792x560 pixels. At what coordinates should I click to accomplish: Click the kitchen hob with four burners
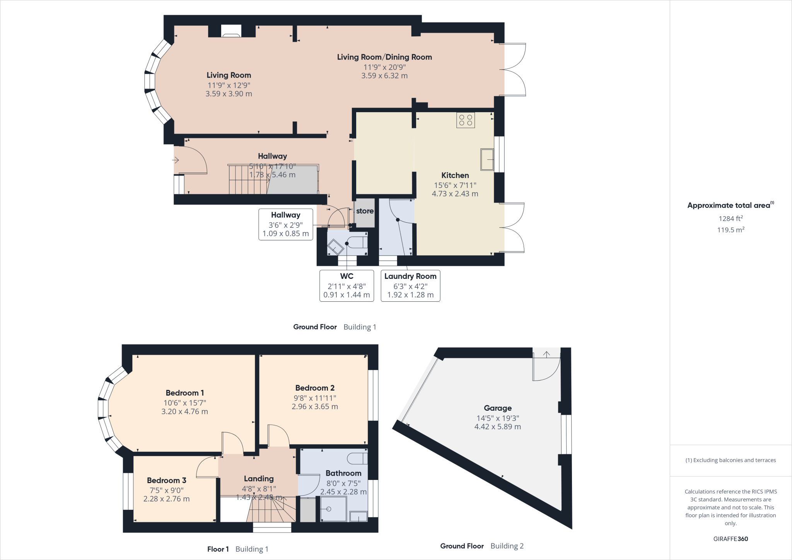pos(465,120)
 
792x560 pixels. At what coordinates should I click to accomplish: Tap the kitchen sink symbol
pos(487,159)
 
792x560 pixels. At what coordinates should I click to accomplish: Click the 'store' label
pos(365,211)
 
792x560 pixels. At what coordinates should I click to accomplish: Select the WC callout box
pos(346,285)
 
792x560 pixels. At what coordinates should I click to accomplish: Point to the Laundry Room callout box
pos(410,285)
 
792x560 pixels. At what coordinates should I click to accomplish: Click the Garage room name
pos(497,408)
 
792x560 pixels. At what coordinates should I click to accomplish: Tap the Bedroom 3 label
pos(166,480)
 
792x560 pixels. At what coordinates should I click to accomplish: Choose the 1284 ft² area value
pos(731,219)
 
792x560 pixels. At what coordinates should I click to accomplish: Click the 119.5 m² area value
pos(731,230)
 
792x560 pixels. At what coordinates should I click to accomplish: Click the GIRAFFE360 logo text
pos(731,539)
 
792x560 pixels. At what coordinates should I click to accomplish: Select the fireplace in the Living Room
pos(231,31)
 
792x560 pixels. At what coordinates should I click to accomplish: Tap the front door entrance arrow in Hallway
pos(176,160)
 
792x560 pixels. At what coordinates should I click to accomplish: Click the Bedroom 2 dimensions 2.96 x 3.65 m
pos(315,406)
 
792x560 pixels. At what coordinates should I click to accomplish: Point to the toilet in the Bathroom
pos(357,458)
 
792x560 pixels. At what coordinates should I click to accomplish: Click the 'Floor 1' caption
pos(218,549)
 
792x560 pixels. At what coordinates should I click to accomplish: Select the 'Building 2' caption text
pos(507,546)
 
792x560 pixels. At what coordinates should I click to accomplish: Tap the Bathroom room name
pos(343,473)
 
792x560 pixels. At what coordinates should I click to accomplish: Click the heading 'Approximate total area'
pos(729,205)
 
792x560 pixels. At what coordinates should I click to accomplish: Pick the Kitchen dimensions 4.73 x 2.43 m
pos(455,194)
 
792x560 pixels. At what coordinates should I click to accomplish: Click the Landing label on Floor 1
pos(258,479)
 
